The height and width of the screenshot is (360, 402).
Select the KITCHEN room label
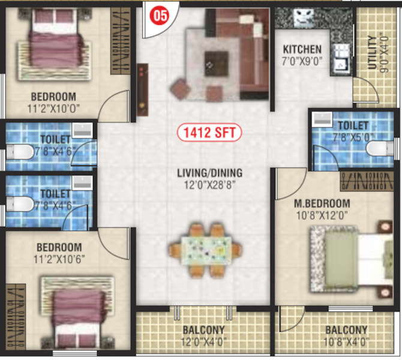pyautogui.click(x=303, y=49)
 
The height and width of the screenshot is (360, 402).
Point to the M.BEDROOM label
pyautogui.click(x=304, y=203)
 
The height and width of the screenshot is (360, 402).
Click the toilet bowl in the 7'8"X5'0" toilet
pyautogui.click(x=377, y=148)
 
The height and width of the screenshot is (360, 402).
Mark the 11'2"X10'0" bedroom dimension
pyautogui.click(x=55, y=109)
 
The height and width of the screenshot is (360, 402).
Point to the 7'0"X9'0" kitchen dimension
pyautogui.click(x=303, y=61)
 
